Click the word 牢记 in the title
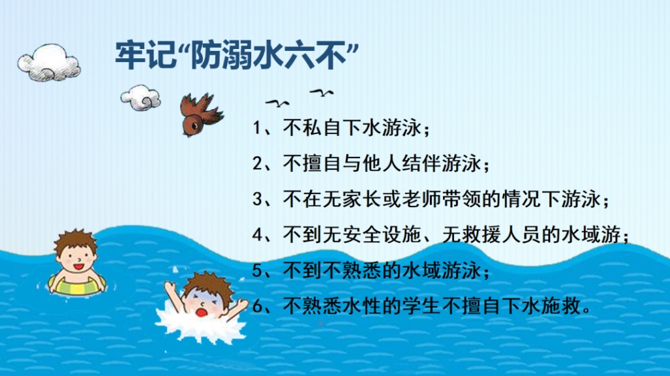(146, 55)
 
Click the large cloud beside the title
(49, 62)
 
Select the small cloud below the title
(141, 97)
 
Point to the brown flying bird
(200, 114)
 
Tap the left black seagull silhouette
(277, 103)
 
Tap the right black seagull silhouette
(322, 92)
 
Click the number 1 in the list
(257, 128)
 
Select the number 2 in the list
(257, 163)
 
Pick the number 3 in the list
(257, 199)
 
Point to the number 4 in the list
(257, 235)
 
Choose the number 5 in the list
(257, 271)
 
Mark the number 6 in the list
(257, 306)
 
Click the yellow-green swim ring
(77, 285)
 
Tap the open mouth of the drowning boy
(202, 312)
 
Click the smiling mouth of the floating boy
(79, 267)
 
